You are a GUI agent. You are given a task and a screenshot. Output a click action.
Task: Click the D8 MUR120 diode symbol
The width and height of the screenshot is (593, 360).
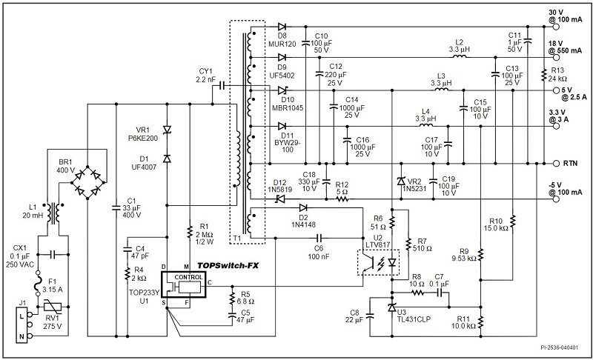click(x=282, y=27)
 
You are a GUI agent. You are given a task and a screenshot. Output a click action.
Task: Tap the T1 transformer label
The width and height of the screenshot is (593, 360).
click(x=236, y=239)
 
